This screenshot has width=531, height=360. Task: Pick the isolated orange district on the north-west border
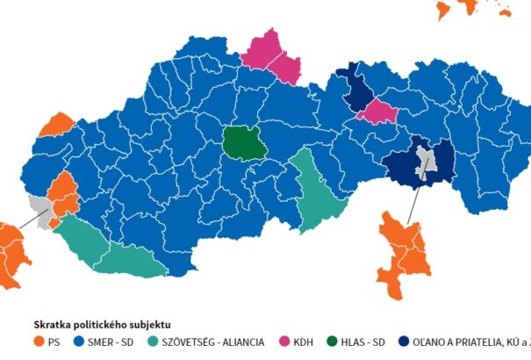56,126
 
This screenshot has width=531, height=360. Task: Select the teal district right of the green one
312,189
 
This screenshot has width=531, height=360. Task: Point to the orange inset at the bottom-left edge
11,256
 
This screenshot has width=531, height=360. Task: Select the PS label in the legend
55,341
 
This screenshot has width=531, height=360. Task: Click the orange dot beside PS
39,341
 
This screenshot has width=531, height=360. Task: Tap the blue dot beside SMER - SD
79,341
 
